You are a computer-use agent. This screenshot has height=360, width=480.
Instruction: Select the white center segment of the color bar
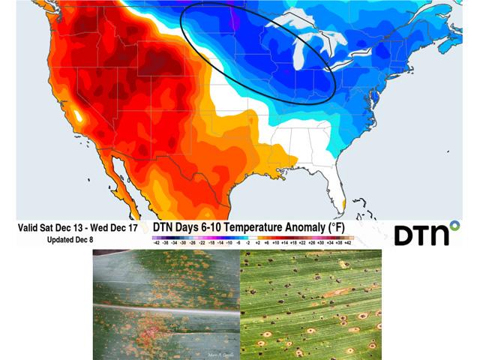point(252,237)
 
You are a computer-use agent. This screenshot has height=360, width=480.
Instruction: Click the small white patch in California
point(77,117)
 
